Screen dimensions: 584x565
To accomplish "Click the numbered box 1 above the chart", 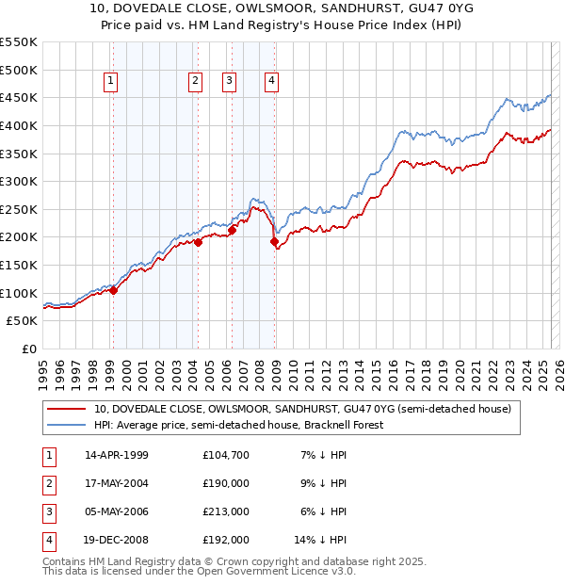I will pyautogui.click(x=111, y=82).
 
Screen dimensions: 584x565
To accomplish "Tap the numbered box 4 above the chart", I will pyautogui.click(x=271, y=82).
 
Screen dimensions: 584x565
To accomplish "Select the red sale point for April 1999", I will pyautogui.click(x=113, y=290).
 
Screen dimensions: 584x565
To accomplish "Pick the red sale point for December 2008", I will pyautogui.click(x=275, y=242).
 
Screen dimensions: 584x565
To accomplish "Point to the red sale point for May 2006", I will pyautogui.click(x=232, y=230).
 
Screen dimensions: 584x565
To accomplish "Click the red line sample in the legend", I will pyautogui.click(x=66, y=410).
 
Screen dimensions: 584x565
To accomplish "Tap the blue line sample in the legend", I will pyautogui.click(x=66, y=425).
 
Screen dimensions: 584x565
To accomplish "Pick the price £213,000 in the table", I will pyautogui.click(x=226, y=511).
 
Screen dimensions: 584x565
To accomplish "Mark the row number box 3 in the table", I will pyautogui.click(x=47, y=511).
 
